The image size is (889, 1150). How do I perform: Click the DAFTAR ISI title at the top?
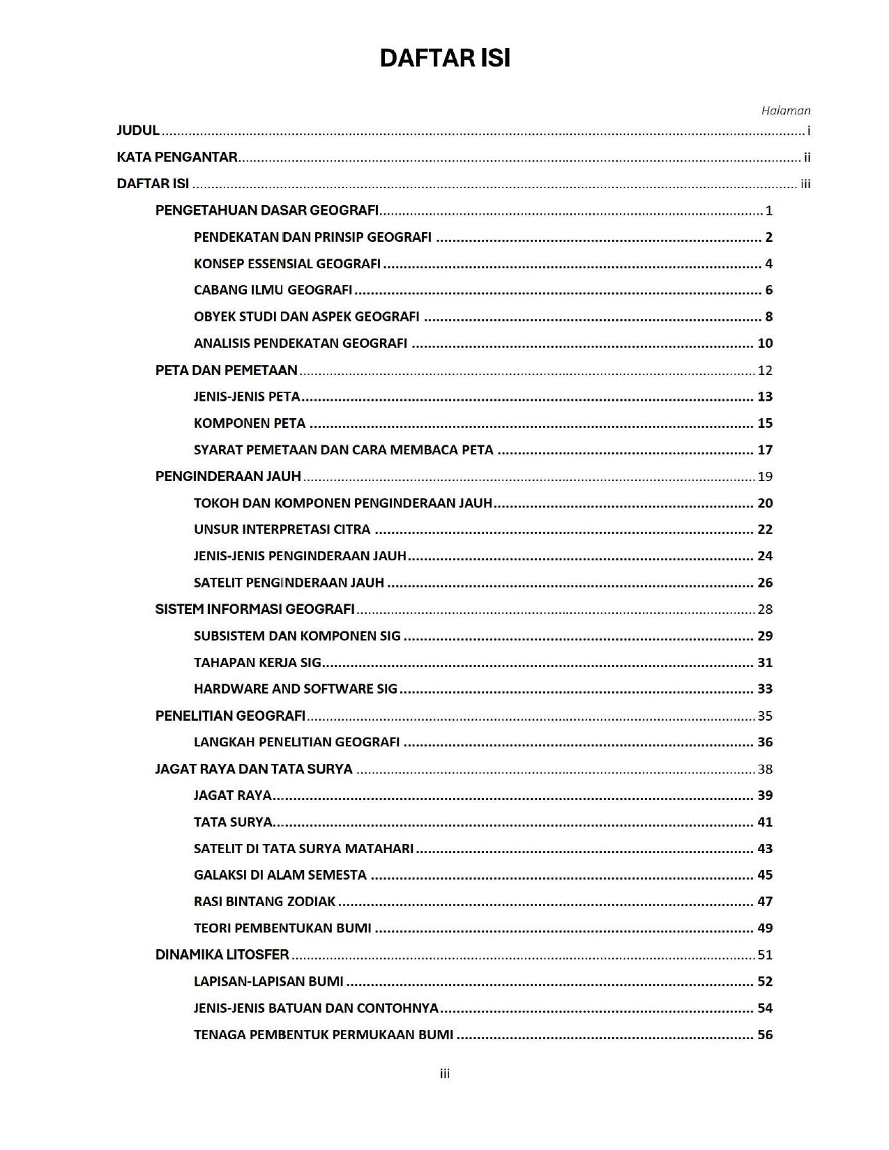[x=445, y=59]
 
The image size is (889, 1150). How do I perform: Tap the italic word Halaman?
[x=785, y=110]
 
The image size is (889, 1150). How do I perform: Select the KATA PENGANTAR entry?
[x=177, y=158]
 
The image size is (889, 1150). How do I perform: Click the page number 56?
[x=765, y=1035]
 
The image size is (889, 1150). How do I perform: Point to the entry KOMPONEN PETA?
[x=250, y=423]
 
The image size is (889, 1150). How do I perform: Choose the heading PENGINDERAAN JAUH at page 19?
[x=228, y=477]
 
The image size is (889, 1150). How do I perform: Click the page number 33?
[x=765, y=689]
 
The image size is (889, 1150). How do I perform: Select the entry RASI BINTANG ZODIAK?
[x=265, y=902]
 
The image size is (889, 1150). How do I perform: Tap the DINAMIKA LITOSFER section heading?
[x=222, y=955]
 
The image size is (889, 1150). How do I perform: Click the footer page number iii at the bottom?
[x=445, y=1074]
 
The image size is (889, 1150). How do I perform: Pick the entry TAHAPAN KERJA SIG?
[x=257, y=663]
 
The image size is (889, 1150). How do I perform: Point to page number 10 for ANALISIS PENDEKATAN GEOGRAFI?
[x=765, y=344]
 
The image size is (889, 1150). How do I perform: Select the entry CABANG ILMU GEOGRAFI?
[x=273, y=290]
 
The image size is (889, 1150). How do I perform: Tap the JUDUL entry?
[x=138, y=131]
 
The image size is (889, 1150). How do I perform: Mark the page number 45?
[x=765, y=875]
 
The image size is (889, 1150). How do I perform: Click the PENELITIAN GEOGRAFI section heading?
[x=230, y=716]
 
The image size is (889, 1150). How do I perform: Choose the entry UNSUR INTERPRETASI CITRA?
[x=282, y=530]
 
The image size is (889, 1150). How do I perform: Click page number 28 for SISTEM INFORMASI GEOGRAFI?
[x=765, y=610]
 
